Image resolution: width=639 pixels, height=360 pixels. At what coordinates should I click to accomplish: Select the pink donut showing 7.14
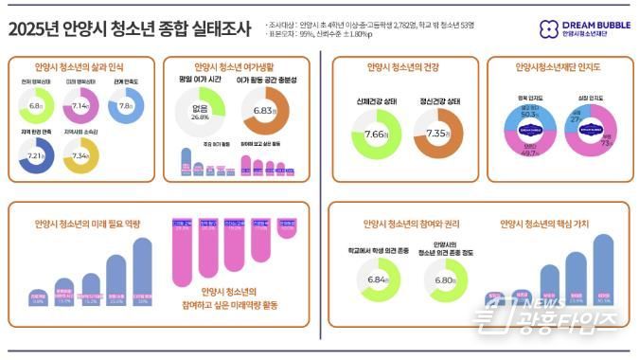tap(78, 106)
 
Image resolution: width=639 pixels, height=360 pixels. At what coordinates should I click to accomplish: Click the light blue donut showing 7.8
tap(126, 106)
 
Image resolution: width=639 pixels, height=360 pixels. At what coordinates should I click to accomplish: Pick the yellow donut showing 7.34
tap(80, 154)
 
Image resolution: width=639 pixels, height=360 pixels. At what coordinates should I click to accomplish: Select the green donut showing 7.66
tap(376, 135)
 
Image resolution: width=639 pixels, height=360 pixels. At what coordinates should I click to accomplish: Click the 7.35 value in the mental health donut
tap(437, 135)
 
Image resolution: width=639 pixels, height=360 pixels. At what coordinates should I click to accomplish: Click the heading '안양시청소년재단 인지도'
tap(559, 68)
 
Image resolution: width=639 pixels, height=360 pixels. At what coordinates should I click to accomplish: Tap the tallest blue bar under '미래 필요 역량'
tap(143, 270)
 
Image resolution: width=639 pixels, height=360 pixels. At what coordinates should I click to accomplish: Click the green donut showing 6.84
tap(376, 280)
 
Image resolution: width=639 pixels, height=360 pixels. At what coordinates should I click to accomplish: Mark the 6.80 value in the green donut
tap(442, 280)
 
